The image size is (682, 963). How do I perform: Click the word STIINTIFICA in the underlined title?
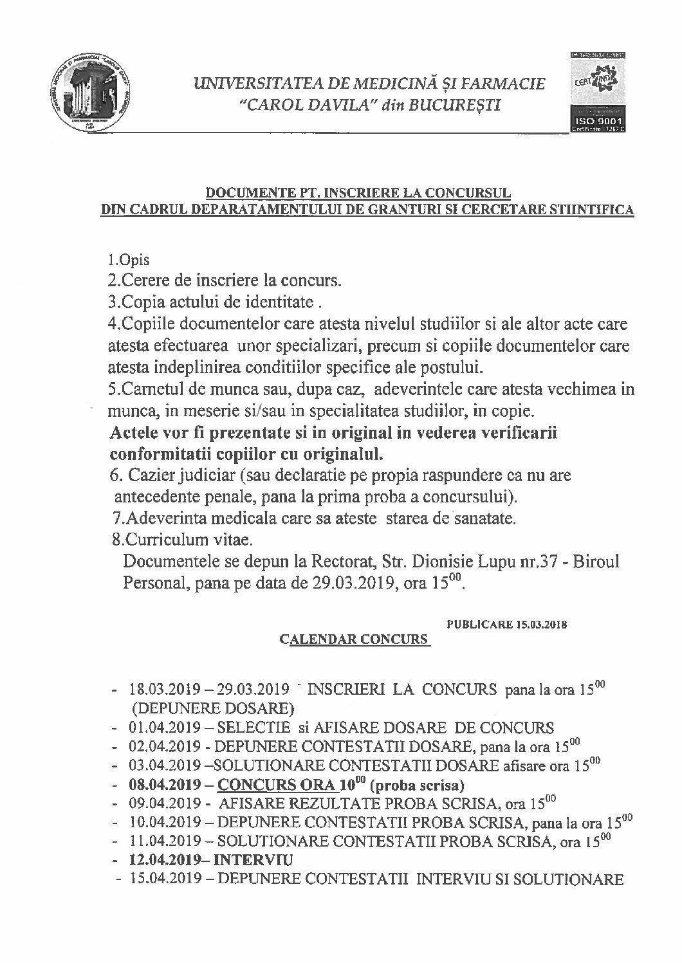[594, 209]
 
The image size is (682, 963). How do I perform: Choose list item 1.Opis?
[129, 261]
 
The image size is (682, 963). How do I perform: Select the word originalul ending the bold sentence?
[347, 453]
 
